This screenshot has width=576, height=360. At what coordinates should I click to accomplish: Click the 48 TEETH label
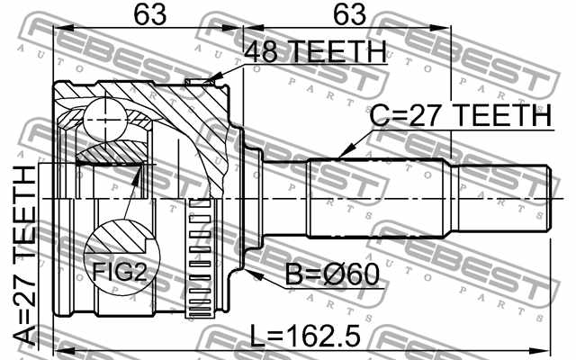click(317, 53)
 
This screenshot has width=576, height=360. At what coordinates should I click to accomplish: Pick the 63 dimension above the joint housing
click(148, 15)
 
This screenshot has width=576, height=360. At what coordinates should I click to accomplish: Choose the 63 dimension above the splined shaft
click(346, 15)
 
